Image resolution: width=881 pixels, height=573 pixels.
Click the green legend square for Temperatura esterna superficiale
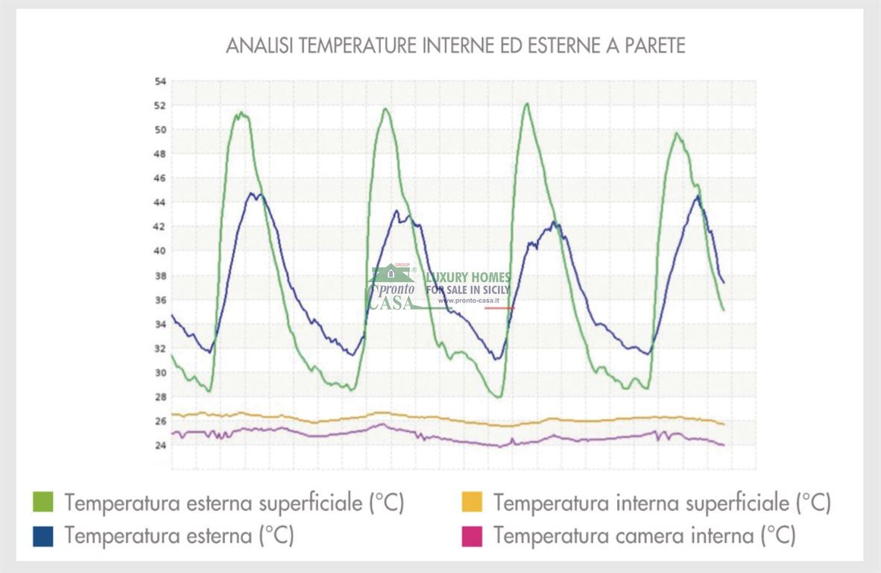(x=44, y=502)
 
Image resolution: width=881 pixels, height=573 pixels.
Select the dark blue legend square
(x=44, y=535)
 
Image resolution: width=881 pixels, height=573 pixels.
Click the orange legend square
(x=472, y=502)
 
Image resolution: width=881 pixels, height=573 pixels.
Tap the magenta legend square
(x=472, y=535)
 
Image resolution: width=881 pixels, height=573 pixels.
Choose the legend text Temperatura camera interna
(x=644, y=535)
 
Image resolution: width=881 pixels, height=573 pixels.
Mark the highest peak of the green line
(x=526, y=104)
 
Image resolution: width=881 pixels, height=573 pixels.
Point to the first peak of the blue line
(x=253, y=194)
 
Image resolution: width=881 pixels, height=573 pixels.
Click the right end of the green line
(x=723, y=310)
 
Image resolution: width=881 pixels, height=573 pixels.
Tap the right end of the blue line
(x=723, y=282)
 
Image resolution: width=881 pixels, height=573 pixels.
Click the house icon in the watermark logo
(x=391, y=275)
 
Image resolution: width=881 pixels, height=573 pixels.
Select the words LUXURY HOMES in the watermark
(x=468, y=278)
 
